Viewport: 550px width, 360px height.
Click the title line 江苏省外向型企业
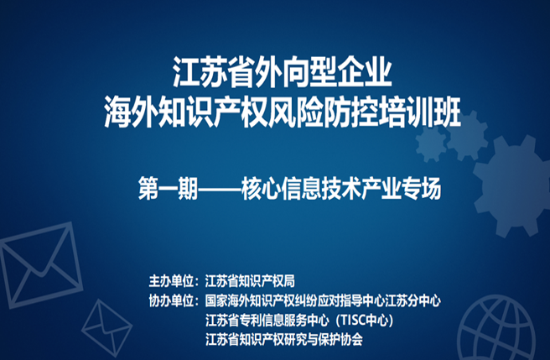click(283, 72)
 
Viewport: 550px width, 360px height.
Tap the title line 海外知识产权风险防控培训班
click(283, 113)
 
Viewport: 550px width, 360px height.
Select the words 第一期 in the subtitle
click(168, 188)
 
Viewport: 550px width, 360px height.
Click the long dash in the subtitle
click(220, 189)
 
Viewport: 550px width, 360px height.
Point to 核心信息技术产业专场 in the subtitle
click(341, 188)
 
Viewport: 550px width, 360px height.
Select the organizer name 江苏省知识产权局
click(250, 281)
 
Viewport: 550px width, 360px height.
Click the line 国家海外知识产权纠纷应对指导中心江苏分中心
click(323, 300)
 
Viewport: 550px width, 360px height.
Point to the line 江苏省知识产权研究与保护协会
click(284, 339)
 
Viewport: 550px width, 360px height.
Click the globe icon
click(496, 328)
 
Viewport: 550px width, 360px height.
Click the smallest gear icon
click(431, 144)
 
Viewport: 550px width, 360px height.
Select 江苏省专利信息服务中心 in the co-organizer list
click(267, 320)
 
